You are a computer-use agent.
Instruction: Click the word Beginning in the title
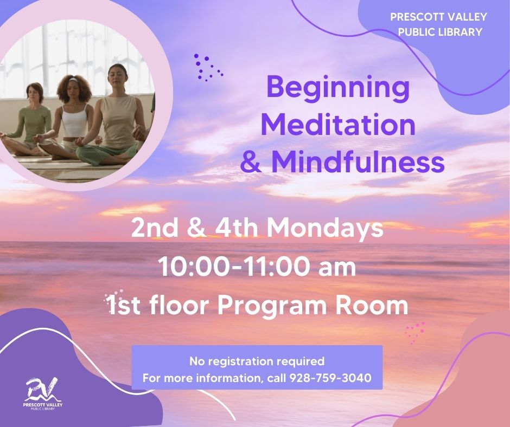tap(339, 89)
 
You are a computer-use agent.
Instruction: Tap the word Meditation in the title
tap(339, 125)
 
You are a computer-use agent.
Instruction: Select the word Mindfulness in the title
tap(358, 161)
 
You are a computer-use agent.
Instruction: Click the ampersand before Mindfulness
tap(251, 161)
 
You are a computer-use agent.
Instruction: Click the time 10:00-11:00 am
tap(257, 267)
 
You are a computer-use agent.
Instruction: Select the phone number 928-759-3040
tap(330, 378)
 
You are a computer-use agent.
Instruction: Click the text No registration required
tap(257, 361)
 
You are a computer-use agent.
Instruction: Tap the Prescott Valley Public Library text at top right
tap(439, 24)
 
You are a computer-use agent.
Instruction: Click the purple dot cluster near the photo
tap(207, 68)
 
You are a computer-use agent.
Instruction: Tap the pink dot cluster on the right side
tap(416, 331)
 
